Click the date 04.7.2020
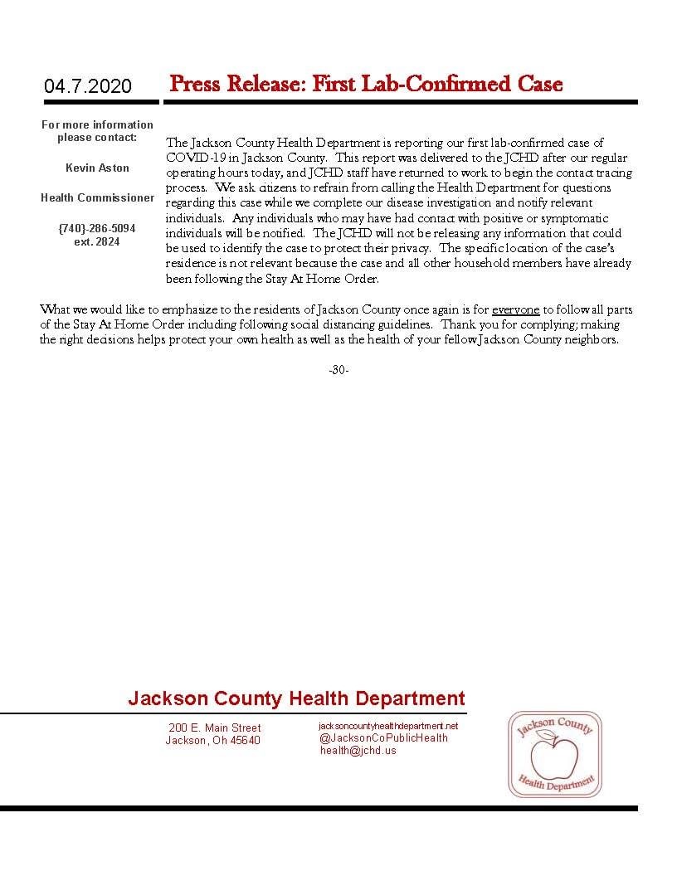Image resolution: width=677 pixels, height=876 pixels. coord(88,86)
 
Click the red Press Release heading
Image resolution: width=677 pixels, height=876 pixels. coord(365,84)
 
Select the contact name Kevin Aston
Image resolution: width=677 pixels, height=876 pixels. coord(97,168)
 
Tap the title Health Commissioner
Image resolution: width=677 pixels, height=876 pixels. coord(97,198)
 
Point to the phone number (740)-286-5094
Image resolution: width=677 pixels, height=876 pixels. coord(97,228)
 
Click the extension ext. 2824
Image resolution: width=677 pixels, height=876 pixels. coord(97,242)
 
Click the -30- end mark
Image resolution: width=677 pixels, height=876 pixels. coord(338,370)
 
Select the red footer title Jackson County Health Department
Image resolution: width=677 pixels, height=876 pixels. coord(296,698)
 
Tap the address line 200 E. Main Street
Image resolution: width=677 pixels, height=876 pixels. coord(214,728)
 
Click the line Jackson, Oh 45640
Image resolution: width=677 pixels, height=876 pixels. coord(212,741)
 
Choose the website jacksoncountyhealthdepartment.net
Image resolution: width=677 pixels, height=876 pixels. coord(388,726)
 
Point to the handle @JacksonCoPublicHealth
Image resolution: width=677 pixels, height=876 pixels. coord(383,737)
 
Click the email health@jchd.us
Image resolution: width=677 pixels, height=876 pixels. coord(358,750)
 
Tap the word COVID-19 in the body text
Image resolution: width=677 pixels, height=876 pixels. coord(191,158)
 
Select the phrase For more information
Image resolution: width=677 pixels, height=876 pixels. coord(97,124)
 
